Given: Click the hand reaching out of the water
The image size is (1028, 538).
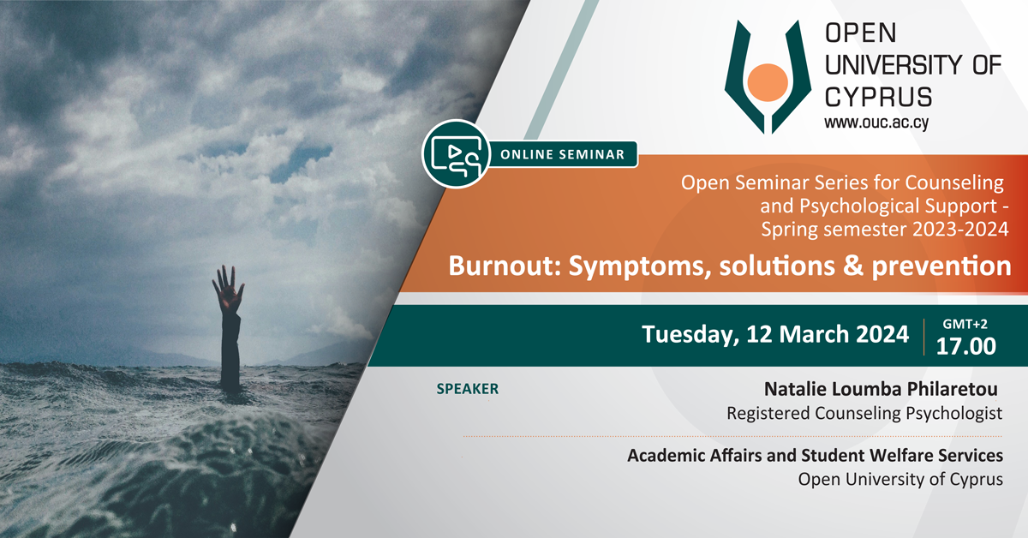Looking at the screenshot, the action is (228, 290).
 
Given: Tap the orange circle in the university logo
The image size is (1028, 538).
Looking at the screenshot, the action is (768, 82).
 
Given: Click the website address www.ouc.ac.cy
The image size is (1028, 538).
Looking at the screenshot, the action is (876, 123).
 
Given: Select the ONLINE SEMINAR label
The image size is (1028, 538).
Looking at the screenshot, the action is (562, 154).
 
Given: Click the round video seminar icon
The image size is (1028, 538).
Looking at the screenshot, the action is (456, 154).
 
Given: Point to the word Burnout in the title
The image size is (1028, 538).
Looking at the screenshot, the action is (505, 266).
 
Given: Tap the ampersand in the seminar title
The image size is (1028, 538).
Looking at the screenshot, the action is (853, 266).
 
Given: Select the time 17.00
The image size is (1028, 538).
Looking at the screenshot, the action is (966, 346).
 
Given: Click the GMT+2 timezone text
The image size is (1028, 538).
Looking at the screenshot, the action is (965, 324).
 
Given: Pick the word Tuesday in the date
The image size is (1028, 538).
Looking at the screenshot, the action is (690, 335).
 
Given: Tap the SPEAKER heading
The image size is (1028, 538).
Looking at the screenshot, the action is (467, 389).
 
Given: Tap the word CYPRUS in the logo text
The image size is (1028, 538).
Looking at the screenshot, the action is (878, 97).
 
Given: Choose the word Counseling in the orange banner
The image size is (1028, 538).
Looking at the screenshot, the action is (954, 182).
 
